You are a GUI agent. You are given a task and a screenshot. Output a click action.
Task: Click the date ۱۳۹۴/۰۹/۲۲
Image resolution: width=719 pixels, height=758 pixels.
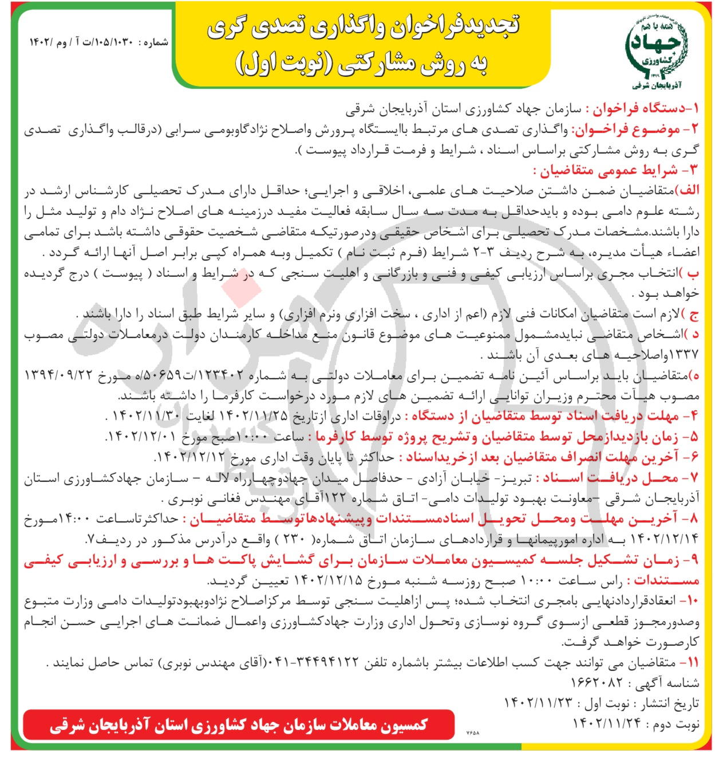coord(64,376)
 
